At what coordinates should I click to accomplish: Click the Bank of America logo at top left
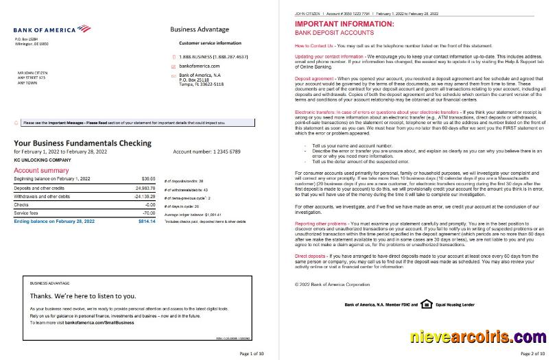[x=51, y=29]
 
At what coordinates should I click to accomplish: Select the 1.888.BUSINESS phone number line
[x=213, y=56]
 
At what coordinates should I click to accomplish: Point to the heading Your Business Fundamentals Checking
[x=82, y=143]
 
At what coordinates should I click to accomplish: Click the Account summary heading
[x=40, y=169]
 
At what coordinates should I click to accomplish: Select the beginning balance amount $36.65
[x=148, y=178]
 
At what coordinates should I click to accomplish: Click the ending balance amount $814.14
[x=147, y=222]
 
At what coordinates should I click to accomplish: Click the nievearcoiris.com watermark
[x=478, y=337]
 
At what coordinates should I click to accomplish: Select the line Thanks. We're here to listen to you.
[x=82, y=296]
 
